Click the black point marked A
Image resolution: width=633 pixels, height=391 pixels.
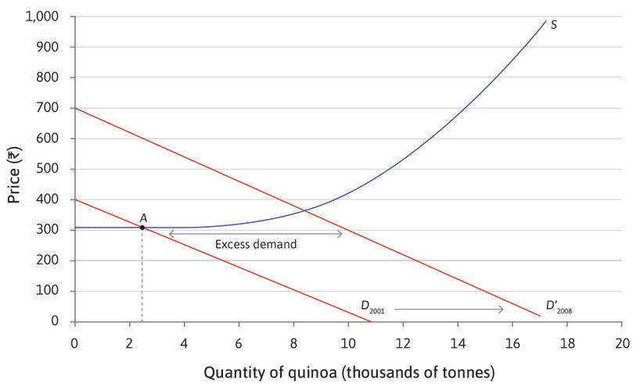(142, 228)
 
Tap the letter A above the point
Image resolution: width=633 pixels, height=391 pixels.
(143, 217)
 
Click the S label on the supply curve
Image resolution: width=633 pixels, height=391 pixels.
(554, 25)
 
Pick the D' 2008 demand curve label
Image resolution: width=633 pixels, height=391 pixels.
(559, 307)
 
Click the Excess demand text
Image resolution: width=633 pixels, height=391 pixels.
(256, 244)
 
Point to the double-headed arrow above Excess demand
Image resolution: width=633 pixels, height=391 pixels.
(256, 233)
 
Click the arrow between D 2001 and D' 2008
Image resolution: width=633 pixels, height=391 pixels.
(449, 310)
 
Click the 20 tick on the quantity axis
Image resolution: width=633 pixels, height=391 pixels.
(622, 343)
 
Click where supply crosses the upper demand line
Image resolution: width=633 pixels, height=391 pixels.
(304, 210)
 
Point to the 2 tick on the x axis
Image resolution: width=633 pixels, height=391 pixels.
(129, 343)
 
